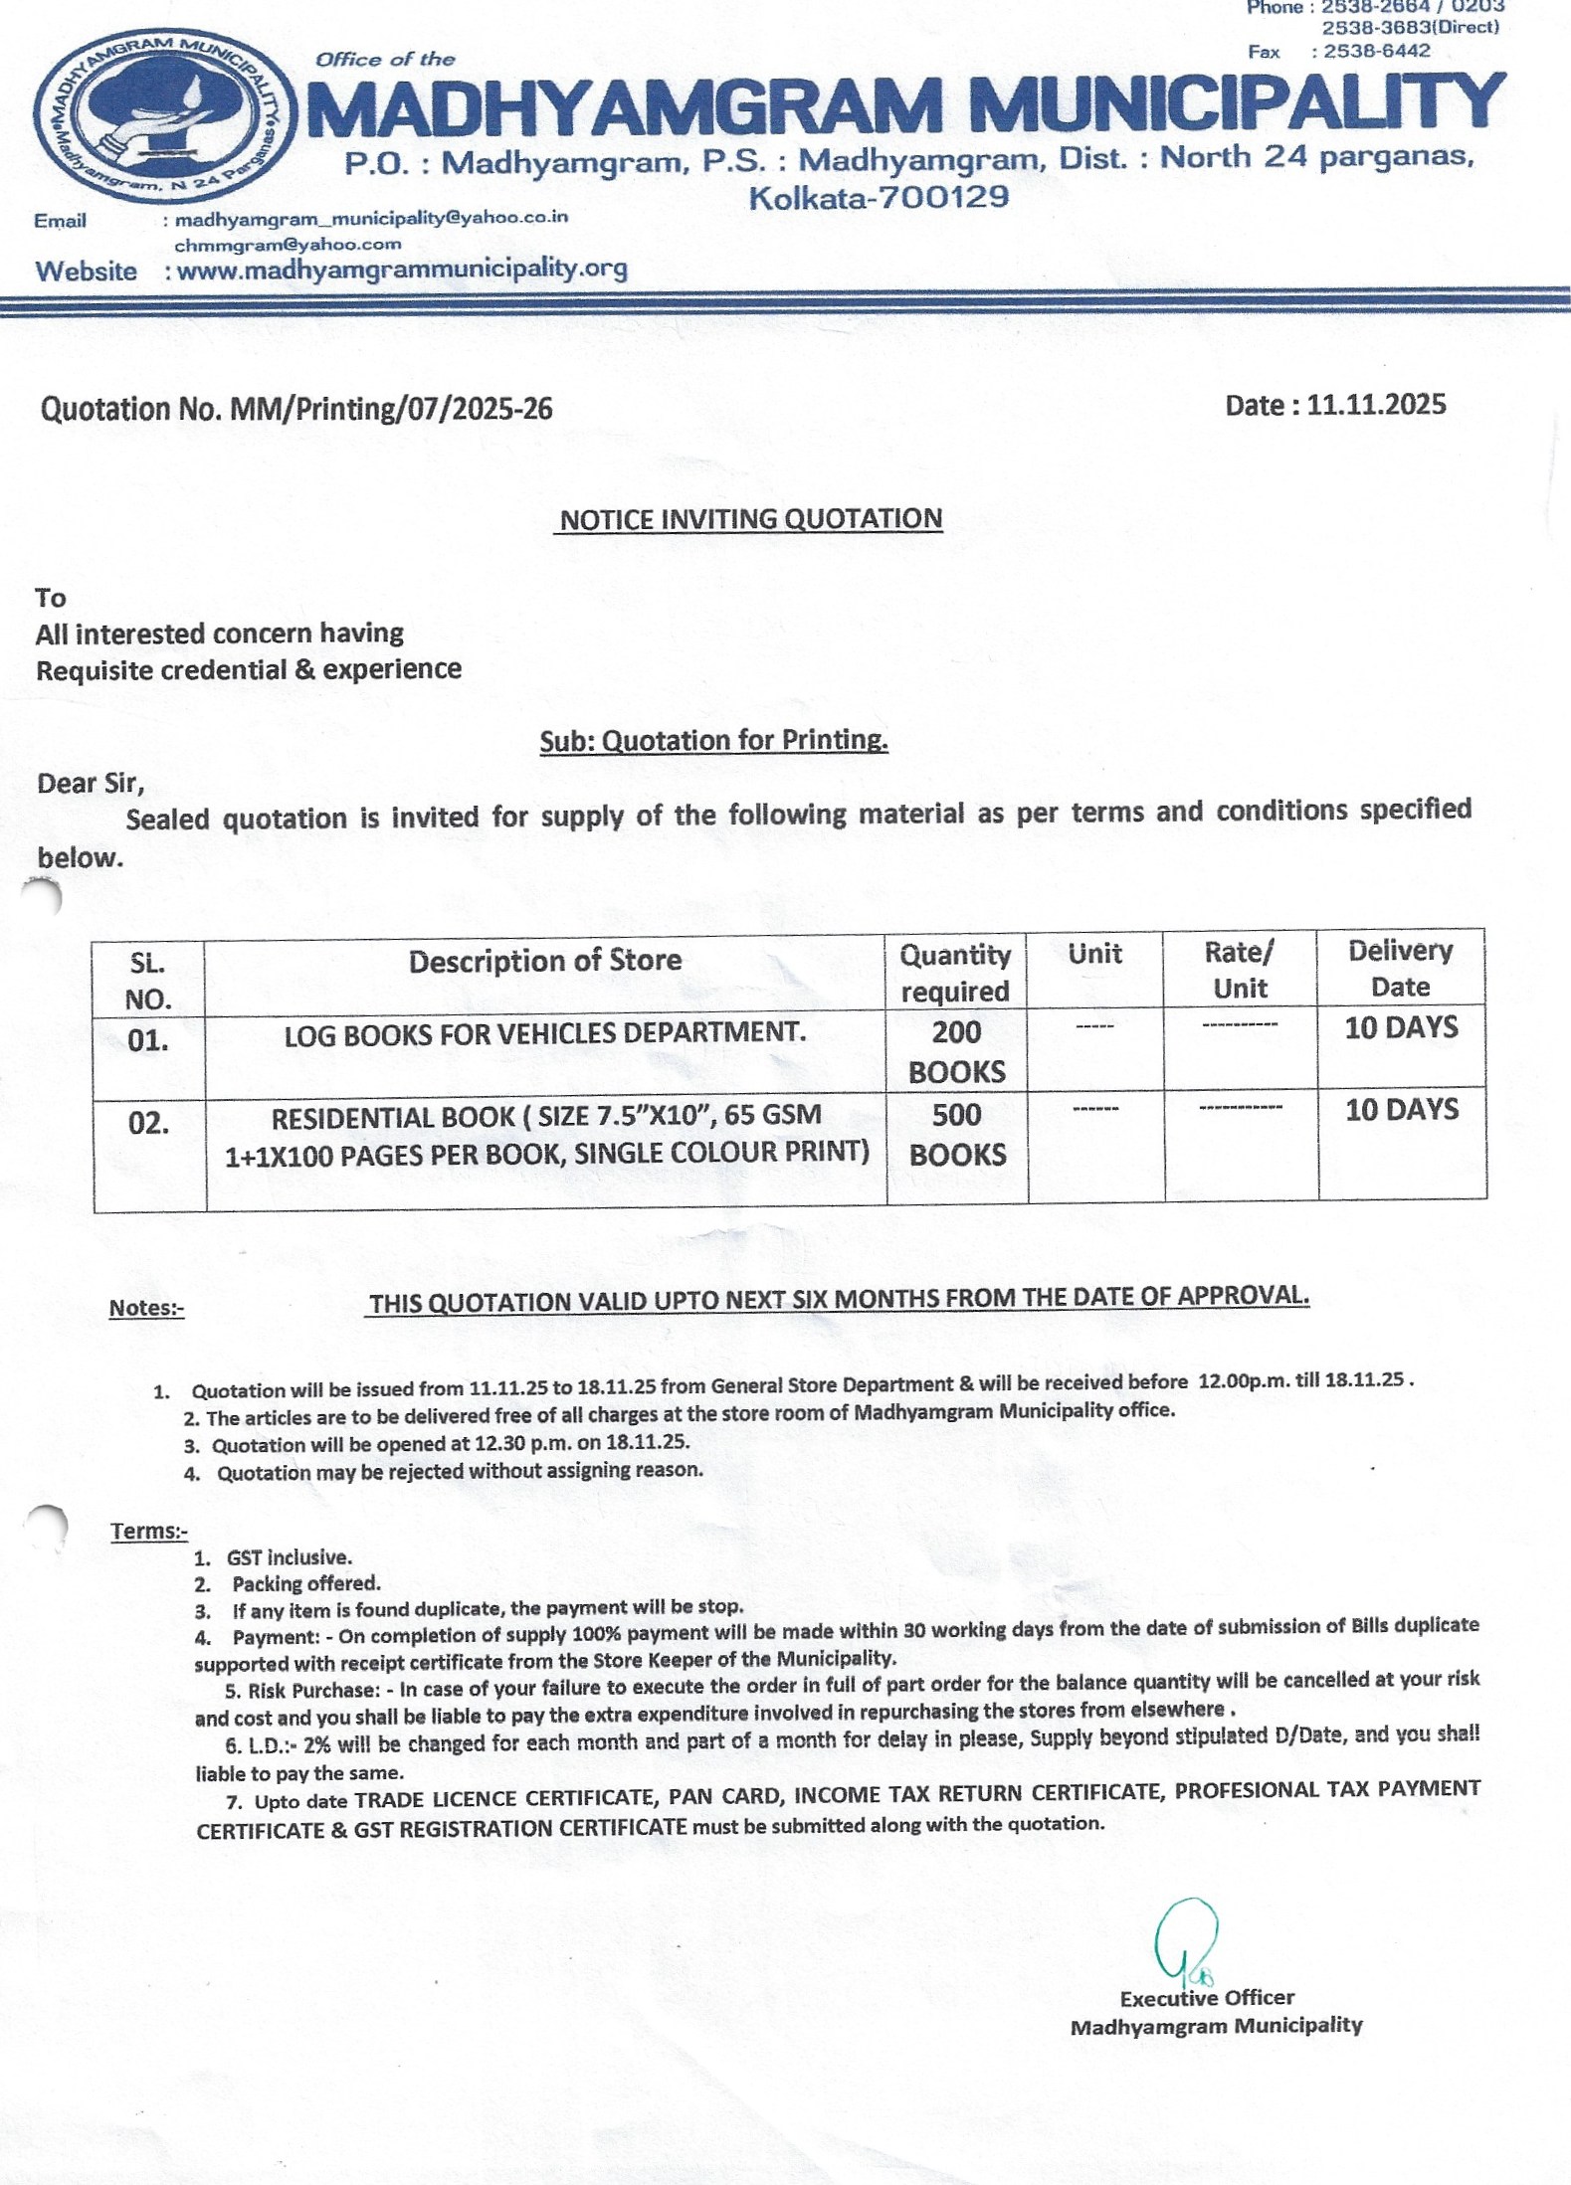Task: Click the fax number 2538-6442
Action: tap(1376, 51)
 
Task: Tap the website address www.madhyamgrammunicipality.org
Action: tap(402, 270)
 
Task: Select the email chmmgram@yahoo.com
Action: tap(288, 244)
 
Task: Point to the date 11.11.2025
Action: tap(1376, 405)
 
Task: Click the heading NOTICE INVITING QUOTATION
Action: tap(750, 519)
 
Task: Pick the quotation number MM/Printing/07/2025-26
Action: tap(391, 409)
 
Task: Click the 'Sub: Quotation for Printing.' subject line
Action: tap(713, 740)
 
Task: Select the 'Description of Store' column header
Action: tap(544, 961)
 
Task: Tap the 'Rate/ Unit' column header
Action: tap(1239, 970)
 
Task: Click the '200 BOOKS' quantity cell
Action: tap(956, 1051)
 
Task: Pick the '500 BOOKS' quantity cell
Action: tap(957, 1134)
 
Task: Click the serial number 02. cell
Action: tap(148, 1124)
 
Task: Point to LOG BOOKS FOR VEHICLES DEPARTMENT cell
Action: tap(544, 1034)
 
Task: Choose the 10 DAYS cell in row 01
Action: tap(1401, 1028)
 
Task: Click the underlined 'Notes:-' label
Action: tap(146, 1308)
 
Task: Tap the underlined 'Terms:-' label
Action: tap(149, 1531)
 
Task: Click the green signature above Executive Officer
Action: tap(1185, 1939)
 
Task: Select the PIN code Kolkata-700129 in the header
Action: tap(879, 197)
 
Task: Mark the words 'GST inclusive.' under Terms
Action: tap(289, 1557)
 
